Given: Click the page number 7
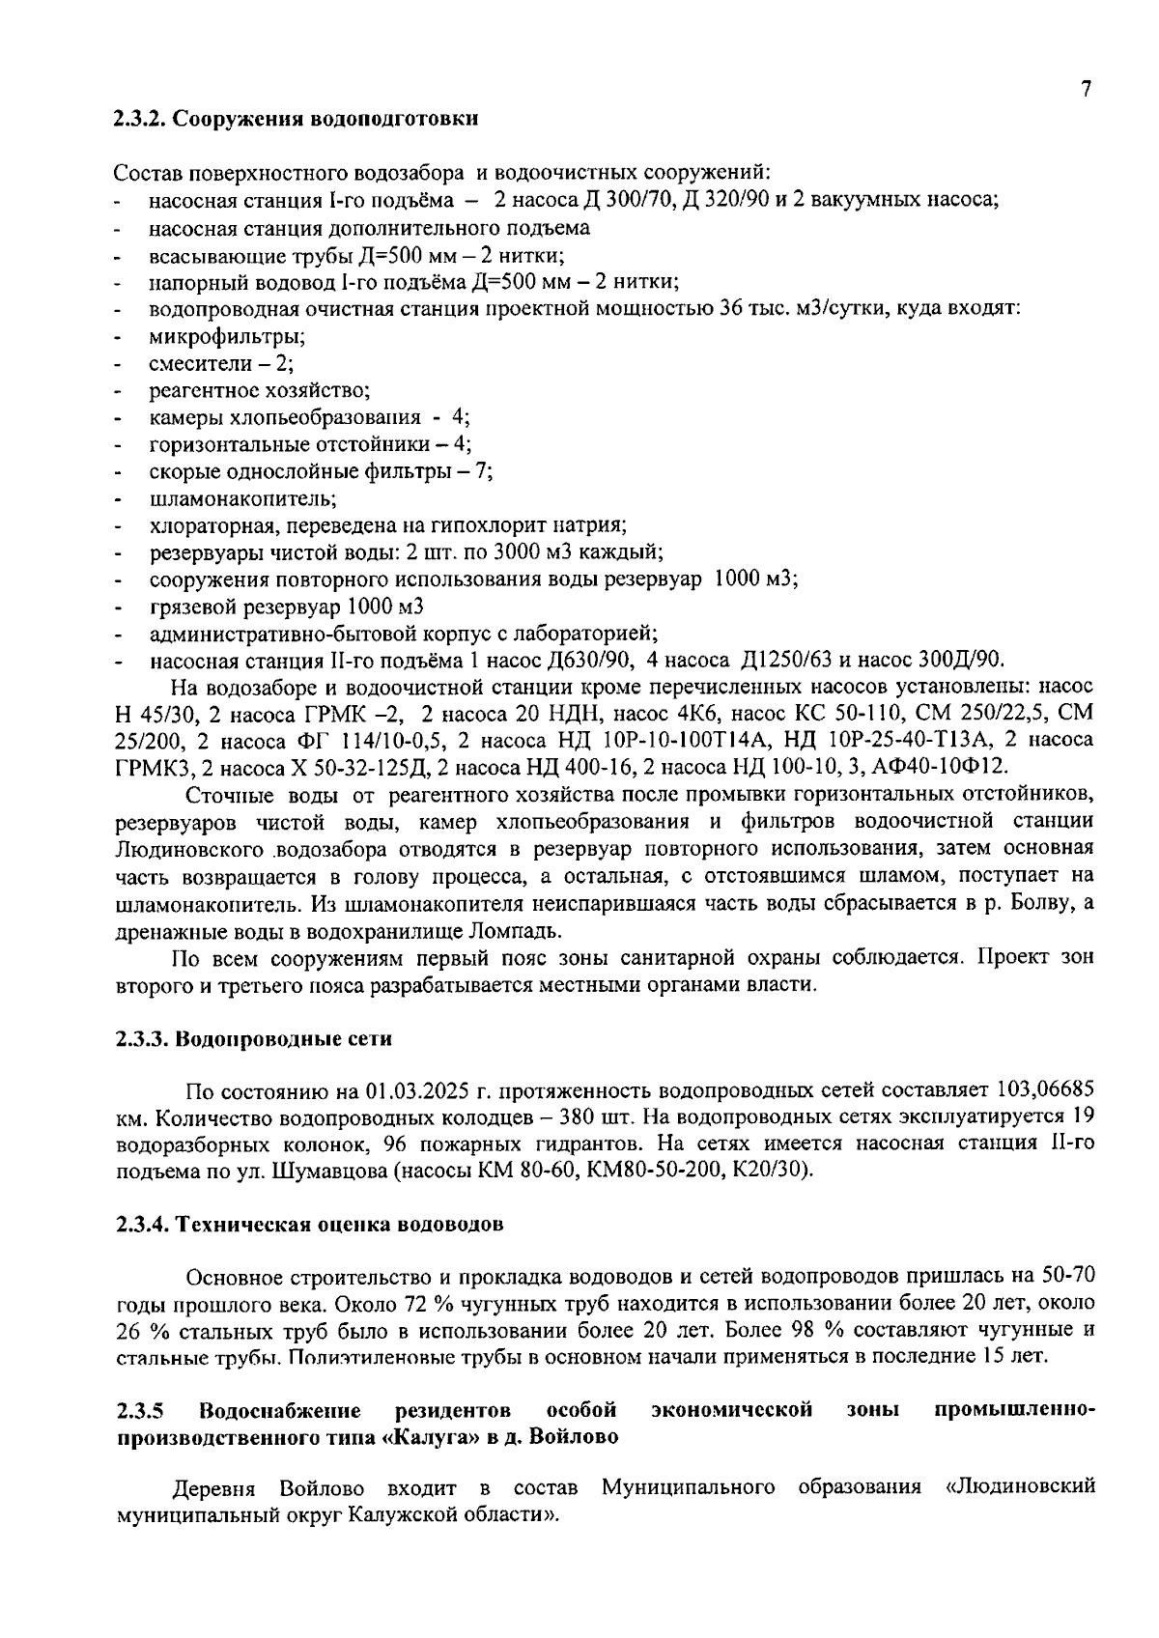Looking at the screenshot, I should coord(1086,89).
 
